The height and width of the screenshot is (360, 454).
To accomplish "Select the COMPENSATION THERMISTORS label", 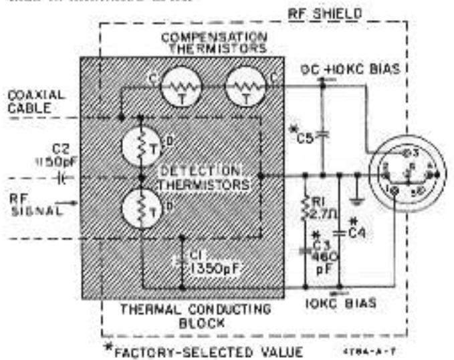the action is (214, 41).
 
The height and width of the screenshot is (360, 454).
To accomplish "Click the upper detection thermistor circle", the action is (140, 145).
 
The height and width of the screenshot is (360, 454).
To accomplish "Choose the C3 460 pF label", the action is (324, 253).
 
